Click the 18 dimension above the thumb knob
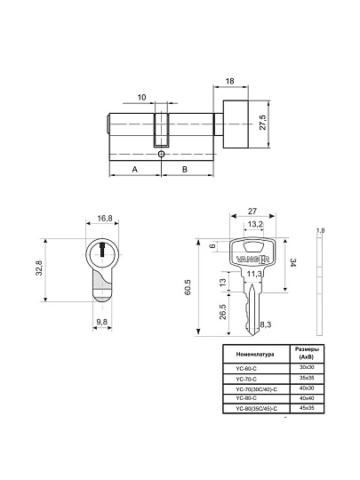point(229,81)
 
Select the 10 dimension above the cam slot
point(141,98)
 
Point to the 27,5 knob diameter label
point(263,123)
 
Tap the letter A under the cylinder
point(135,169)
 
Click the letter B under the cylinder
point(185,169)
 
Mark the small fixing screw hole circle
point(161,154)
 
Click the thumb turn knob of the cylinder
point(236,124)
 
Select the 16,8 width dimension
point(105,219)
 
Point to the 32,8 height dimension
point(39,268)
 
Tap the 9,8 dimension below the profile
point(102,322)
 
